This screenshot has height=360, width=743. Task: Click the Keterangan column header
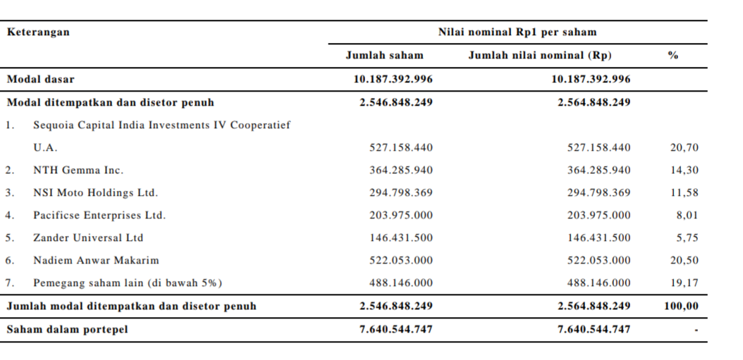[38, 32]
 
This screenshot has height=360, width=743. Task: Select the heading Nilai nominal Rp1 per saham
[517, 32]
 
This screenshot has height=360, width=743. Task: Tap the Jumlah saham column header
[384, 56]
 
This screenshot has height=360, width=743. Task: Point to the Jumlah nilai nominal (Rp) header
[540, 56]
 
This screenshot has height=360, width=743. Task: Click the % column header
[673, 56]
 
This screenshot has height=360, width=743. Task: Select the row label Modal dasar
[40, 79]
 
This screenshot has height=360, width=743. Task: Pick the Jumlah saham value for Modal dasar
[393, 79]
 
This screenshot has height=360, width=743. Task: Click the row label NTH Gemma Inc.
[78, 170]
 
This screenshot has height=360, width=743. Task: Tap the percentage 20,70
[684, 148]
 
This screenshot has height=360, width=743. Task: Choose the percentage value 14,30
[684, 170]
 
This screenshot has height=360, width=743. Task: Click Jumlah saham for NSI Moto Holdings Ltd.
[401, 193]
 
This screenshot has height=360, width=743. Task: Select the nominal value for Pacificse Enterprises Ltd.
[599, 215]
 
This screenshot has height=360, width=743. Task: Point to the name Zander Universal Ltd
[88, 238]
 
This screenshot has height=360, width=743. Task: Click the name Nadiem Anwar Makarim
[96, 261]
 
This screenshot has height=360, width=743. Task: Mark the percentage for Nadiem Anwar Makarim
[684, 261]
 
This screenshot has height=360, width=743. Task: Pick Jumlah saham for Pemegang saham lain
[401, 283]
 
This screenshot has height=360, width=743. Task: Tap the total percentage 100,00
[681, 306]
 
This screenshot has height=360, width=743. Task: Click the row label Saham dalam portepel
[67, 329]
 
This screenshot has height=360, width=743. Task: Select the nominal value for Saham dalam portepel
[594, 329]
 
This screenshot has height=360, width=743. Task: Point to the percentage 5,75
[687, 238]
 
